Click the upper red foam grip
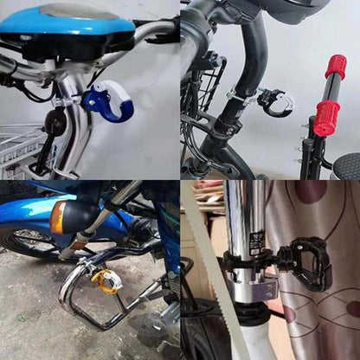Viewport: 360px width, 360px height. pyautogui.click(x=336, y=67)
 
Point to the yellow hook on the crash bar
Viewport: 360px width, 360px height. pyautogui.click(x=108, y=281)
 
